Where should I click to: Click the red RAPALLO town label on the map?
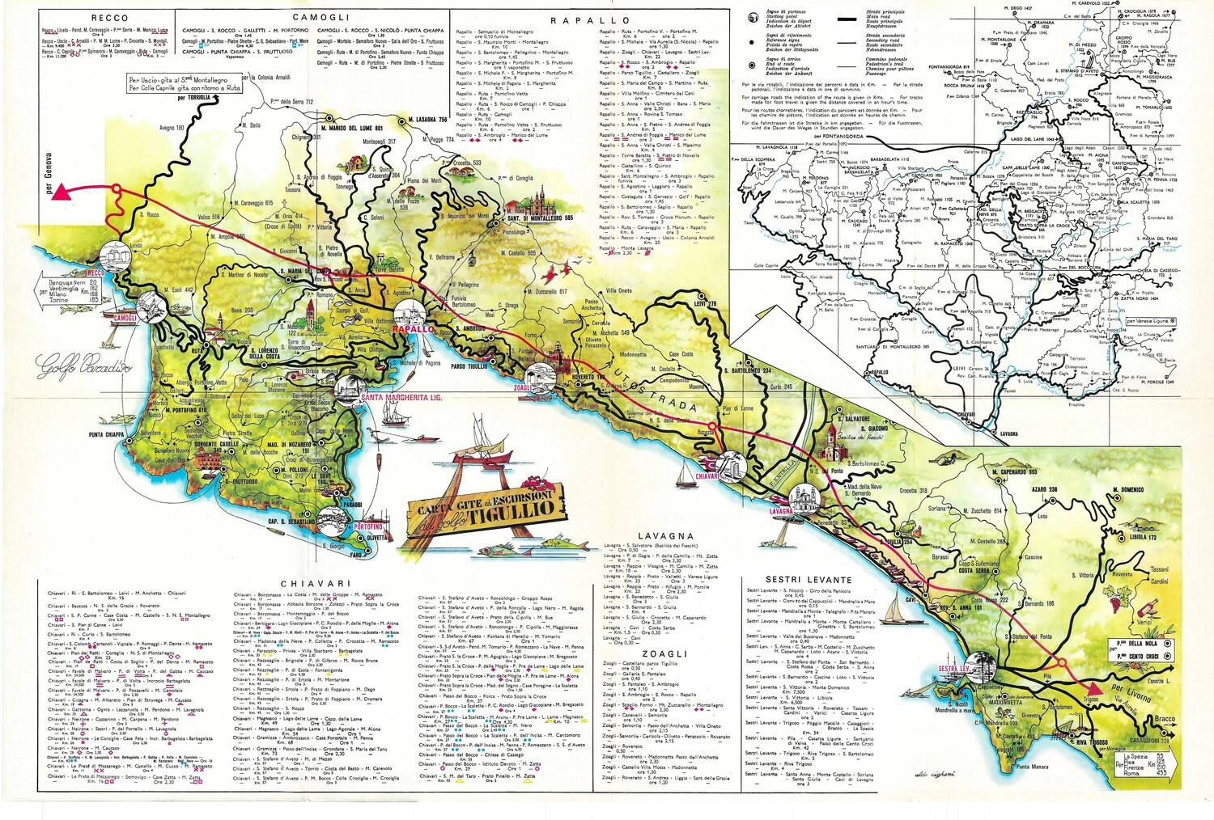pos(413,330)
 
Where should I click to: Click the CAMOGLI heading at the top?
pos(320,17)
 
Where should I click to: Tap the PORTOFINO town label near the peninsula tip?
pos(368,527)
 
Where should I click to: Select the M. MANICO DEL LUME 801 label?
pos(351,128)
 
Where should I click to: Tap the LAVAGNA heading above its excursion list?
pos(665,535)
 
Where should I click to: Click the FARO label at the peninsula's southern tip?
pos(356,556)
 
